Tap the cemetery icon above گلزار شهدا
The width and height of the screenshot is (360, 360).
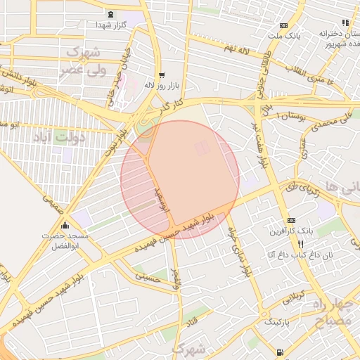pyautogui.click(x=110, y=14)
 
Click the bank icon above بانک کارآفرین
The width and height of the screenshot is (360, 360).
pyautogui.click(x=292, y=220)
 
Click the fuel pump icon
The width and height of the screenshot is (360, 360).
pyautogui.click(x=281, y=352)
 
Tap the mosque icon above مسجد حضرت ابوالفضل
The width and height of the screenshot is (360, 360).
pyautogui.click(x=65, y=226)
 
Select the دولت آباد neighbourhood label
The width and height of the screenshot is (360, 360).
pyautogui.click(x=60, y=136)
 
